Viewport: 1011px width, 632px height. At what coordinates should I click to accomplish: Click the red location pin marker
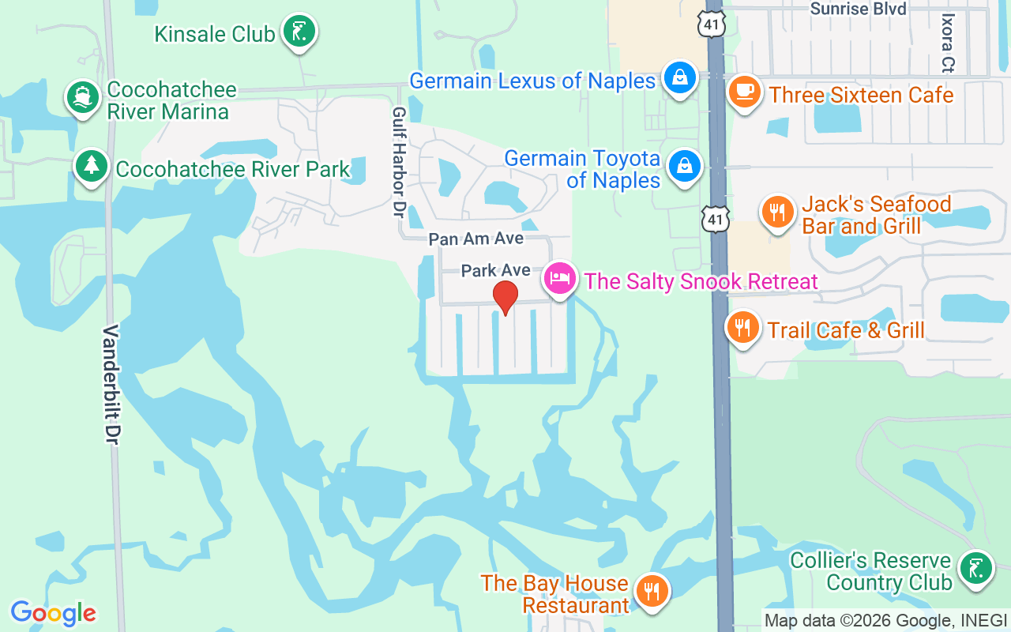point(505,297)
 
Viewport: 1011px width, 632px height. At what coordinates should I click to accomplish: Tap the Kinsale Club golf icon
point(299,32)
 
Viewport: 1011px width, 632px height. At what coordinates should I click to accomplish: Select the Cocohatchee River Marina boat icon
point(82,98)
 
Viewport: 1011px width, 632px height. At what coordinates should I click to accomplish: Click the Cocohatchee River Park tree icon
point(92,166)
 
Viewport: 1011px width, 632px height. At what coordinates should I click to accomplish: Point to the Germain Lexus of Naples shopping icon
point(678,78)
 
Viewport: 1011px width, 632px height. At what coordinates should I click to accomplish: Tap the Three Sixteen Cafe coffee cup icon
point(743,92)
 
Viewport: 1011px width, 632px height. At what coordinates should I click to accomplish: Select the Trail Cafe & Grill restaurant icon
point(742,326)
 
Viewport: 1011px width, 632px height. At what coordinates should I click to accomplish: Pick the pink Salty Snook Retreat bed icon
point(560,279)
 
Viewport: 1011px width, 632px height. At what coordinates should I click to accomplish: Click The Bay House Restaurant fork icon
point(652,590)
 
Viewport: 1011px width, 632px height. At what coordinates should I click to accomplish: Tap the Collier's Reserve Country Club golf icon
point(975,568)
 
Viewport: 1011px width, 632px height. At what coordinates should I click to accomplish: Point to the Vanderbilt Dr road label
point(111,383)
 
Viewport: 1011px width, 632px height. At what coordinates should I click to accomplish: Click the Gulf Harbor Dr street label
point(399,163)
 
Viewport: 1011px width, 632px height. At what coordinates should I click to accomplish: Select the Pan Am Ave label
point(475,239)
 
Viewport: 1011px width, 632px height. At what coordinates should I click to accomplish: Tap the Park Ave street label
point(495,271)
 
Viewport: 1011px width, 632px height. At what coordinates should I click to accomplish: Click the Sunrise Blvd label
point(859,9)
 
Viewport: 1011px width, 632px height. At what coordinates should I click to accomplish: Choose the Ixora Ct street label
point(948,43)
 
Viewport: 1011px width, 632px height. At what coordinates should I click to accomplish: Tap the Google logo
point(53,612)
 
